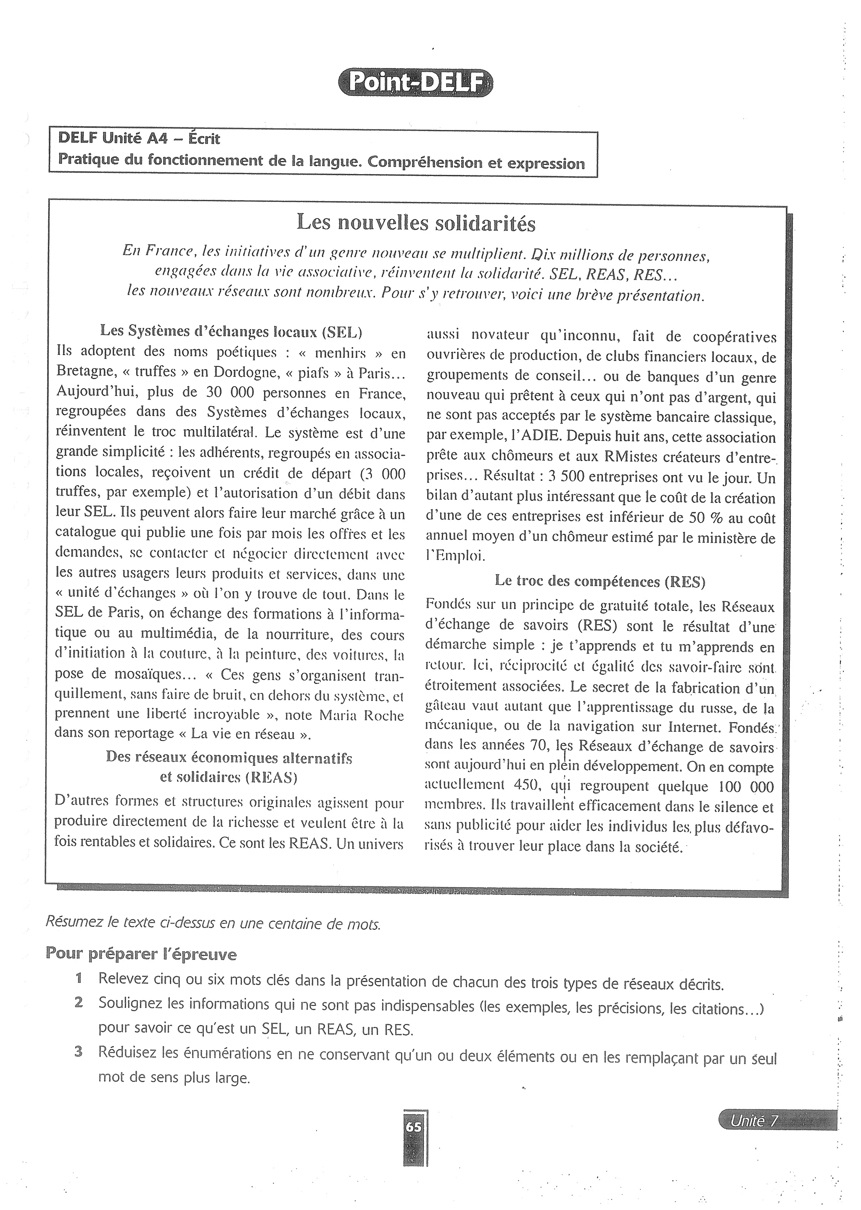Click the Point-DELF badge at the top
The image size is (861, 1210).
click(x=415, y=83)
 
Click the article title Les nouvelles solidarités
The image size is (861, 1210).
click(x=416, y=223)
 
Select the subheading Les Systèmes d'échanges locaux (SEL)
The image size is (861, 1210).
click(x=231, y=331)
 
